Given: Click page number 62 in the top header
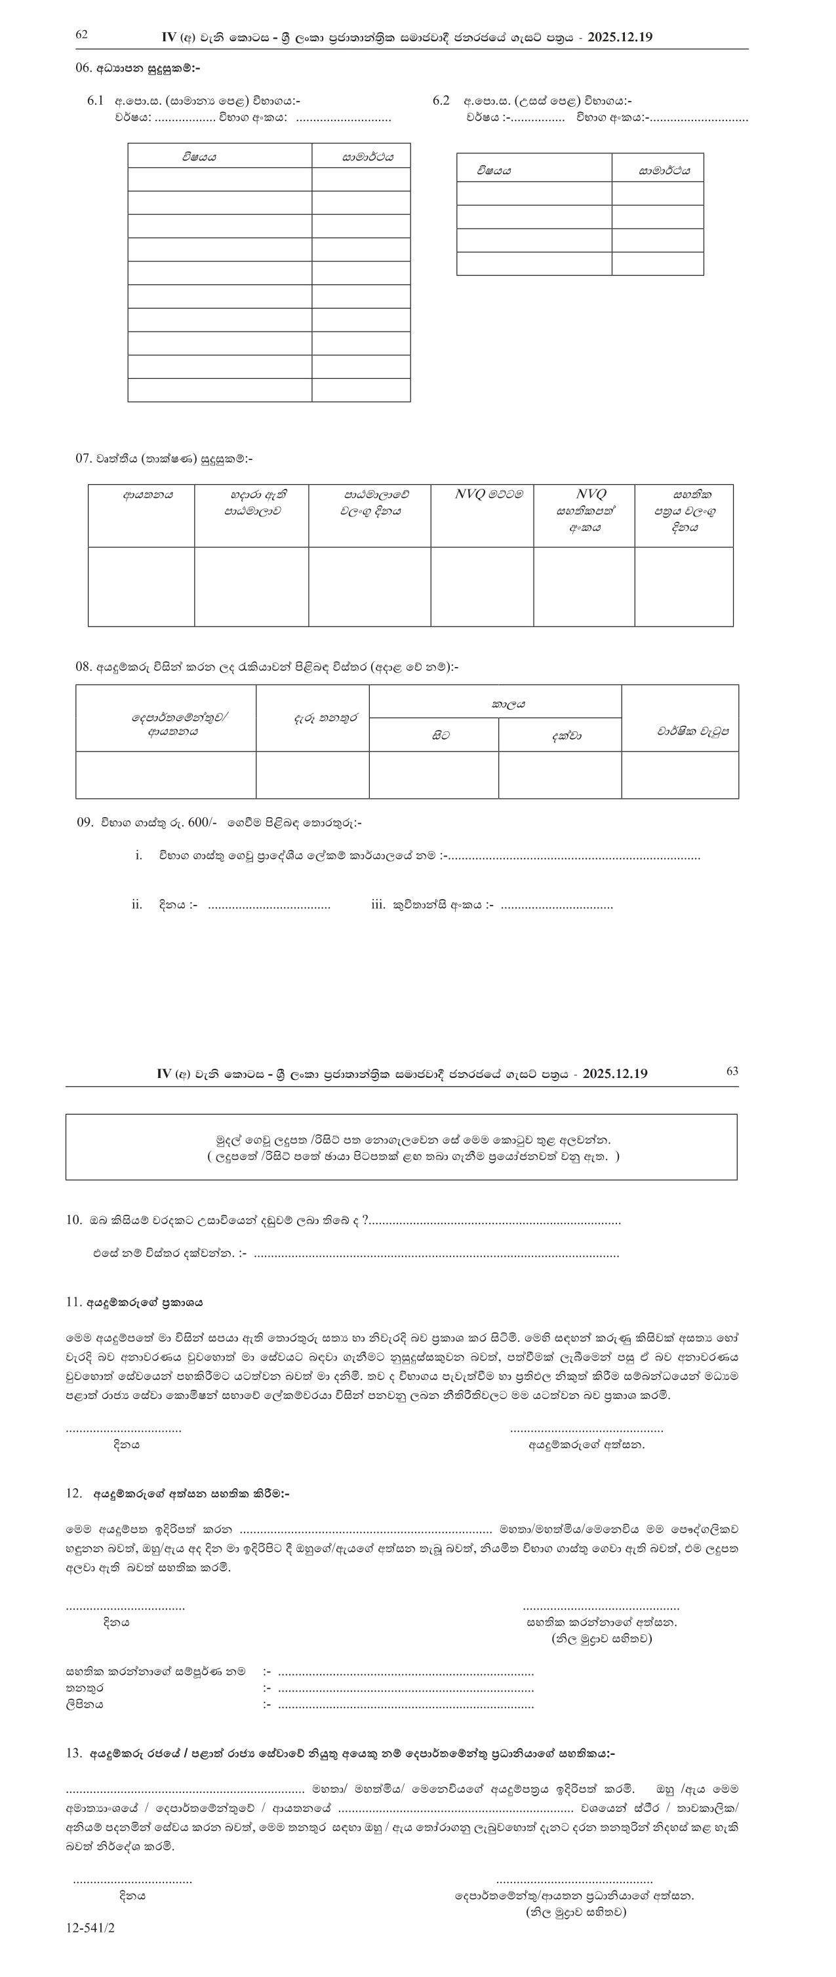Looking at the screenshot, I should coord(82,35).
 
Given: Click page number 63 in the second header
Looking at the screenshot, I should coord(732,1071).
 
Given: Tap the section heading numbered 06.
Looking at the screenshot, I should coord(138,68).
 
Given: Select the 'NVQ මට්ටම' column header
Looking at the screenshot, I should coord(489,495).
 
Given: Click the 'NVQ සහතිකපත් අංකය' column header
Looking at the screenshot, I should coord(590,511).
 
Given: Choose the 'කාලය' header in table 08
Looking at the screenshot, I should coord(508,703).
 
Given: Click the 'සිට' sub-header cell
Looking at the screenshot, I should coord(441,735).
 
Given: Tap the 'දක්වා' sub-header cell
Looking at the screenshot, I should coord(567,735).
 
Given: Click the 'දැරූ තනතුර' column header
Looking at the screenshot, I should coord(325,719).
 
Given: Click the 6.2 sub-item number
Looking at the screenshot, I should coord(441,100).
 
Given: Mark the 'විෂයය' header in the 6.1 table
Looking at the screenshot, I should coord(199,157).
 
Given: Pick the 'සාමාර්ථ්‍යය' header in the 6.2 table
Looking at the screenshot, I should coord(664,170).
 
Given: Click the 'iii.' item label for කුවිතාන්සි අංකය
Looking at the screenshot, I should coord(378,905).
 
